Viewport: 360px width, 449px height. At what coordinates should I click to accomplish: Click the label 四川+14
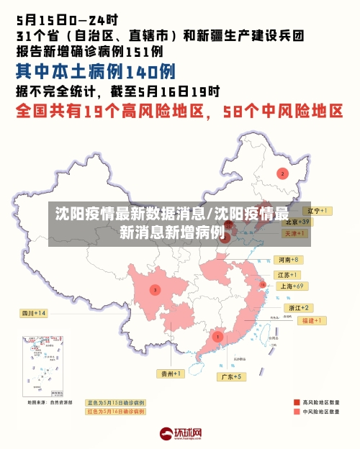32,313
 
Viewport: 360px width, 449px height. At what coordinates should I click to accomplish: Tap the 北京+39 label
296,222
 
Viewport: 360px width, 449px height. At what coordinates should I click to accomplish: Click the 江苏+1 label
287,275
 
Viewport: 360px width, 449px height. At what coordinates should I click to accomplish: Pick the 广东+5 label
233,376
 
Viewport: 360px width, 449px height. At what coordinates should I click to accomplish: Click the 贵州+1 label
171,373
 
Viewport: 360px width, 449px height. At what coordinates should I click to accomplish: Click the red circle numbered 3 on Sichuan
154,290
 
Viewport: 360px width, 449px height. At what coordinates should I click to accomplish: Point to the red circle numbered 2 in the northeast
283,173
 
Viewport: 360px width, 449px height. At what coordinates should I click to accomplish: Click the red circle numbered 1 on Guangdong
217,336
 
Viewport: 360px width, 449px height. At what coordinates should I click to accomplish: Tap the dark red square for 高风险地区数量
296,402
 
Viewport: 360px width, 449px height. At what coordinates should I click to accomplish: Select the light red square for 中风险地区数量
296,413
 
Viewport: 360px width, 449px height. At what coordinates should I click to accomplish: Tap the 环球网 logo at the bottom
179,434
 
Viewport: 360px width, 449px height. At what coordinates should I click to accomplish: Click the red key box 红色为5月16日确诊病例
115,412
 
